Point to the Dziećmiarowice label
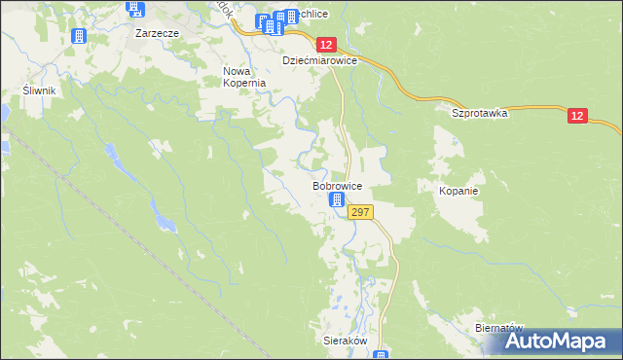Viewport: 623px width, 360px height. tap(320, 60)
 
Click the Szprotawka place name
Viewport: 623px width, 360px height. tap(480, 113)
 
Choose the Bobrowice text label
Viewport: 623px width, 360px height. tap(337, 185)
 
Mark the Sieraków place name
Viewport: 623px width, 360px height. tap(344, 342)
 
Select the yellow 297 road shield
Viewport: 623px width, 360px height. tap(359, 212)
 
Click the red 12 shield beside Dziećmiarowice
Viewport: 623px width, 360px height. tap(325, 45)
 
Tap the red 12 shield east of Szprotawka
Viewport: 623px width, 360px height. tap(578, 116)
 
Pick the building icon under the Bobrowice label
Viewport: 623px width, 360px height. tap(337, 201)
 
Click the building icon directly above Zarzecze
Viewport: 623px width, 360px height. tap(134, 10)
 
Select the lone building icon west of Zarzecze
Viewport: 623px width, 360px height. tap(80, 35)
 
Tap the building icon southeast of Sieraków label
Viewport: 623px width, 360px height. tap(382, 355)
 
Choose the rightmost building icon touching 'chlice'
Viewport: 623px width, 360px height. tap(291, 18)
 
